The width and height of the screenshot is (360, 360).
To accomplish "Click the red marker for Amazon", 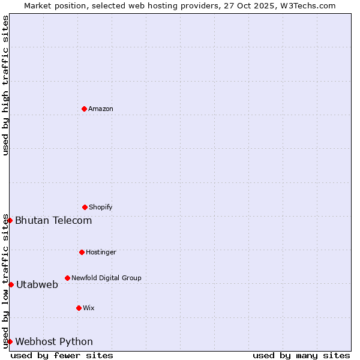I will click(84, 109).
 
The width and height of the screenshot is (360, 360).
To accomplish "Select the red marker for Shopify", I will click(85, 207).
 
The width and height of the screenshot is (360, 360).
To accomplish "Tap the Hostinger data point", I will click(82, 252).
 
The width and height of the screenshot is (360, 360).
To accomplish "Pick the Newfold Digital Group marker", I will click(67, 278).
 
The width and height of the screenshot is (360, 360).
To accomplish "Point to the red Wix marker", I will click(79, 308).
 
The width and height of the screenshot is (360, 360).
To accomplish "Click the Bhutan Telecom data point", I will click(10, 220).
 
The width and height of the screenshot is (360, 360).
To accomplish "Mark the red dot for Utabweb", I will click(11, 284).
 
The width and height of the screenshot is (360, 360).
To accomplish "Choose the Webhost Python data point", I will click(10, 341).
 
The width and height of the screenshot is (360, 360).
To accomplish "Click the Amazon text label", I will click(101, 109).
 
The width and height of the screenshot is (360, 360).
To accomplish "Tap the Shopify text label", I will click(101, 207).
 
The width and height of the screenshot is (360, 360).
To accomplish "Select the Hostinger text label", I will click(101, 252).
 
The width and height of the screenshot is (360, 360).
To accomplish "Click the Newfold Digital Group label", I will click(106, 278).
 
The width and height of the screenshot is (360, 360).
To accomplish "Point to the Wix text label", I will click(89, 308).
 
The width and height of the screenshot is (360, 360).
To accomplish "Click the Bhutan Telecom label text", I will click(53, 220).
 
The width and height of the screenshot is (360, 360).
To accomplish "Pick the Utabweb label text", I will click(37, 284).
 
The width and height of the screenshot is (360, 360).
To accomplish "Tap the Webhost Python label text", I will click(54, 341).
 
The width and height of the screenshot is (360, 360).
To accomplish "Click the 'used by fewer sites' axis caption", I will click(62, 355).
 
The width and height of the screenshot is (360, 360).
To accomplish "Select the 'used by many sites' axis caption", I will click(301, 355).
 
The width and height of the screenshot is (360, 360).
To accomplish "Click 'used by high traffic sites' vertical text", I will click(5, 85).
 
